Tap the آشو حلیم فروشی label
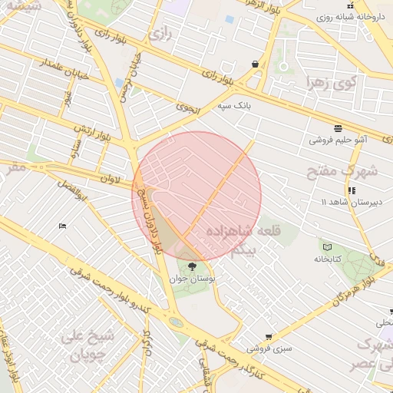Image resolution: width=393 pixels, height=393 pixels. (x=336, y=140)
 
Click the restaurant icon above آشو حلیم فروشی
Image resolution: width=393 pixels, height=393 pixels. (x=338, y=128)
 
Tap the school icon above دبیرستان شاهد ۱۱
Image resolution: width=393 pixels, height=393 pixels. (x=351, y=190)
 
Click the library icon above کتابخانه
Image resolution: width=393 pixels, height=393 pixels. (x=329, y=247)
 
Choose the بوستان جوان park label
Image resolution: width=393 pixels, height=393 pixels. (x=199, y=278)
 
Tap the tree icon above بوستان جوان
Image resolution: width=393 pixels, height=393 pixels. (x=192, y=266)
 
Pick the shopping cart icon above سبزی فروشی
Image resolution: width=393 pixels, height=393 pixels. (x=268, y=337)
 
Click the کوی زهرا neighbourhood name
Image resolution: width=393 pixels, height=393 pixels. (x=331, y=82)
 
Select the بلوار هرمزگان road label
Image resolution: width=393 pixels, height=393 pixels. (x=353, y=285)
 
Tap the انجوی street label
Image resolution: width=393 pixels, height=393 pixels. (x=187, y=108)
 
